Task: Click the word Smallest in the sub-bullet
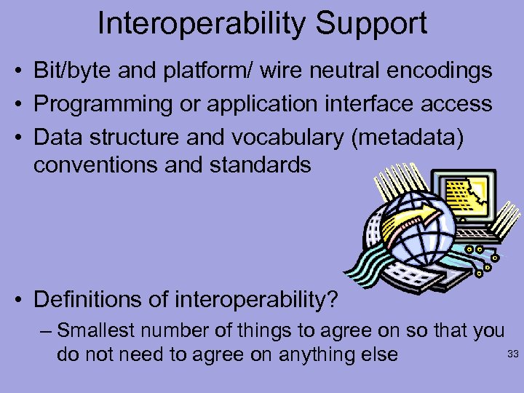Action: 97,332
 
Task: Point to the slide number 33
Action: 511,354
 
